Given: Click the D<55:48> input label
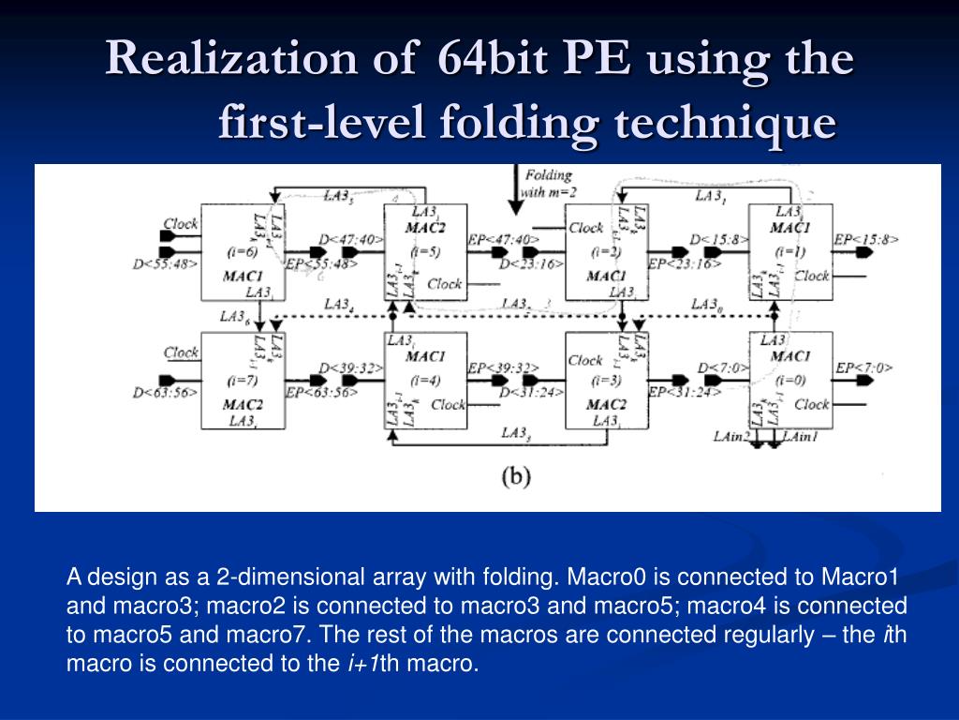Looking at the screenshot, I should pyautogui.click(x=165, y=264).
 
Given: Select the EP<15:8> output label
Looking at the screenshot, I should pyautogui.click(x=867, y=240).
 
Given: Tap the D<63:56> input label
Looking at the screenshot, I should pyautogui.click(x=165, y=392).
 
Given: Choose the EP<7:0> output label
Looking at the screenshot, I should pyautogui.click(x=863, y=367).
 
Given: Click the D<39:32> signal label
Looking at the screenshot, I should pyautogui.click(x=351, y=367).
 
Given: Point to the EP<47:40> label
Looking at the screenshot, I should pyautogui.click(x=504, y=240).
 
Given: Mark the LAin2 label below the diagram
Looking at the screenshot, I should pyautogui.click(x=731, y=437).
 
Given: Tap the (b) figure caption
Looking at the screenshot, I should pyautogui.click(x=515, y=476).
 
